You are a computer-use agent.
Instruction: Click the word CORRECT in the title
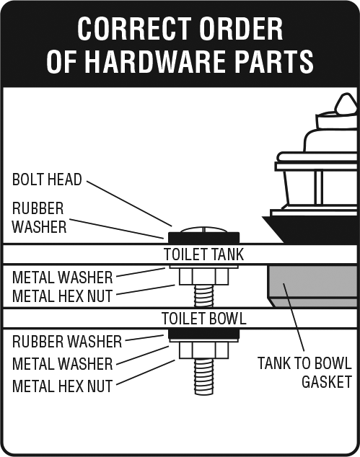click(134, 29)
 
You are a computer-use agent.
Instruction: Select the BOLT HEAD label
click(47, 179)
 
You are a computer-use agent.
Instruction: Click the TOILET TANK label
click(203, 254)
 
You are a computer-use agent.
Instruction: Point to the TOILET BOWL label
click(204, 319)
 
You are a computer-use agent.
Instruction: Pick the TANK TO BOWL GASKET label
click(304, 373)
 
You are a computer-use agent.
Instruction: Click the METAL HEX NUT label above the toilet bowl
click(63, 296)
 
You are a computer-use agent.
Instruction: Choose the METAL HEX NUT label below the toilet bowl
click(63, 386)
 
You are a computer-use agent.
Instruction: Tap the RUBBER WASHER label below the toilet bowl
click(67, 341)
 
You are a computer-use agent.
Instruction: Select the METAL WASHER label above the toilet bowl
click(63, 278)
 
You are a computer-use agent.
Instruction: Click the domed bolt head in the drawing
click(204, 230)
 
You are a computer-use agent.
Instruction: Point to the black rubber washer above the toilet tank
click(204, 238)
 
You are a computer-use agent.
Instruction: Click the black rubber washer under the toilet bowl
click(204, 334)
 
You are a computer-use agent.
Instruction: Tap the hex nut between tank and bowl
click(204, 276)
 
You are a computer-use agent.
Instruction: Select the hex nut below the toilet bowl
click(204, 350)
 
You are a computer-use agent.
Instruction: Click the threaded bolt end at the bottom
click(204, 377)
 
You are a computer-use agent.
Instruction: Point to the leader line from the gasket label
click(294, 317)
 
